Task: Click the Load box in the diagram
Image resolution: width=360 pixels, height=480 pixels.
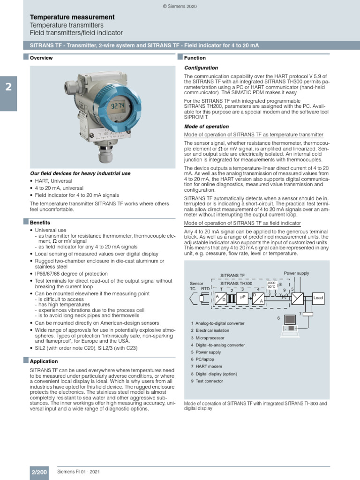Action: (x=318, y=298)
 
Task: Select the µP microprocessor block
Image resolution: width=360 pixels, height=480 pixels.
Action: (x=242, y=298)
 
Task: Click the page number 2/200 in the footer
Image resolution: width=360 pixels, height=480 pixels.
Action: (x=39, y=472)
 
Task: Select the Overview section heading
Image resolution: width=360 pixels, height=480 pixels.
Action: (x=41, y=58)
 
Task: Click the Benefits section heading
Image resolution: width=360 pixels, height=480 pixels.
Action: (x=40, y=223)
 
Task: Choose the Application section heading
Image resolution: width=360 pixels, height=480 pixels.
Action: (x=44, y=361)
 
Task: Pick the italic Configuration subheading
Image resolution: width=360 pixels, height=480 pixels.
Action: (x=201, y=68)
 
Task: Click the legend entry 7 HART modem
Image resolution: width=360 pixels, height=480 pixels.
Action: (x=209, y=366)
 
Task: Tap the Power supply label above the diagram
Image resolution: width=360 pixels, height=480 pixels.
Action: (x=296, y=273)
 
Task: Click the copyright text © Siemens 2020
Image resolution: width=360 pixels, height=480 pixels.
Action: (x=180, y=6)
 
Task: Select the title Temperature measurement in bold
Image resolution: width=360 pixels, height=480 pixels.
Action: (x=72, y=17)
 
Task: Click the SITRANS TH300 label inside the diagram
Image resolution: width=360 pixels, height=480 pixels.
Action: (x=236, y=284)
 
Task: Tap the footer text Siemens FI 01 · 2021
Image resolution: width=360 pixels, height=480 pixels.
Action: (x=78, y=472)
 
